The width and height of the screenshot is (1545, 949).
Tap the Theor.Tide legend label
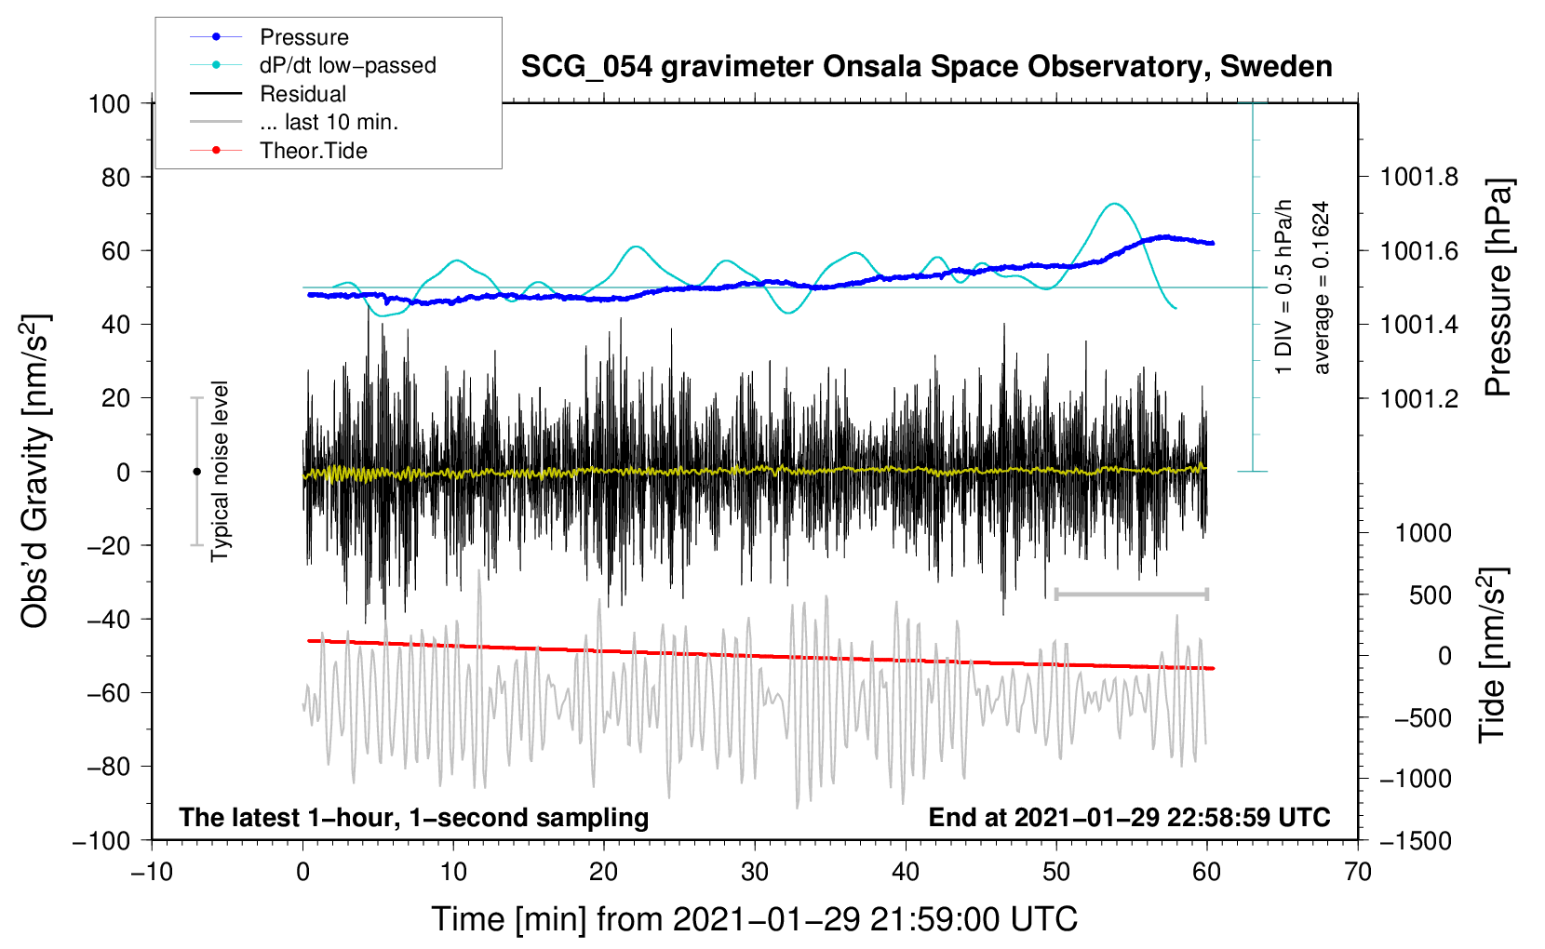pos(313,151)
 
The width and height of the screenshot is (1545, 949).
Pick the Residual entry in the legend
pos(302,94)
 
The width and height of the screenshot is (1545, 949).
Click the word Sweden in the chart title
pos(1276,66)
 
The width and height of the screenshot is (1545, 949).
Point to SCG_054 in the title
pos(587,68)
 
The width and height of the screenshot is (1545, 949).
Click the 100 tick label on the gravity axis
pos(109,104)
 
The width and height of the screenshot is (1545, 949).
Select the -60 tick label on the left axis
pos(108,692)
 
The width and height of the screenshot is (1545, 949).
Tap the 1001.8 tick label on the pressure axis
pos(1418,178)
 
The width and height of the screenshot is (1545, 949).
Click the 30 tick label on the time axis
pos(755,873)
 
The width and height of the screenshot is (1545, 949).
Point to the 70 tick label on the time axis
pos(1357,873)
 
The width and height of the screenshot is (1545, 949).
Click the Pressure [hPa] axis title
pos(1498,287)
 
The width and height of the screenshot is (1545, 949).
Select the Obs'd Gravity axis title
pos(34,472)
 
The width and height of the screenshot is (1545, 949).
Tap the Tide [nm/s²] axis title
pos(1493,656)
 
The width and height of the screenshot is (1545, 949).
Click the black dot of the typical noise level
pos(196,472)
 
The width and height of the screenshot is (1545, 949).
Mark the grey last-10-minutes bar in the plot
pos(1131,594)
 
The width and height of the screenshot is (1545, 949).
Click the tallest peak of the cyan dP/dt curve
pos(1114,204)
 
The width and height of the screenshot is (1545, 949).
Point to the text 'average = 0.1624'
pos(1321,287)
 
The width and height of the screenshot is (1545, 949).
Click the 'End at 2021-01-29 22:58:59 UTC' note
pos(1129,817)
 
